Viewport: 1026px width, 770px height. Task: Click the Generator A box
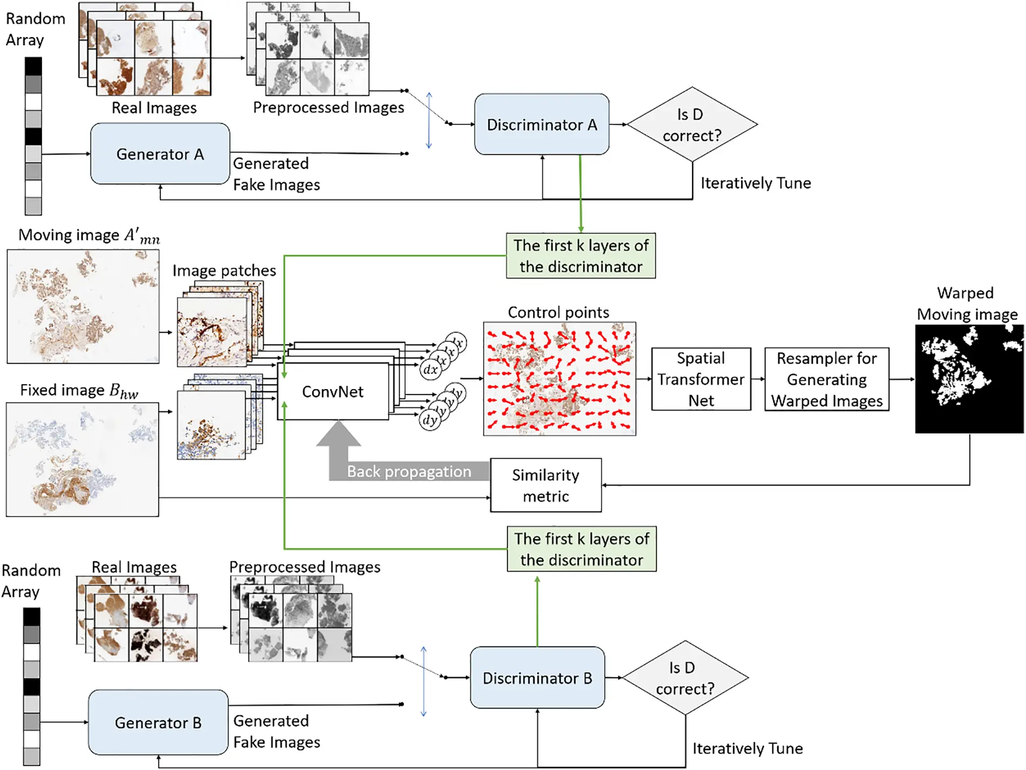click(x=160, y=154)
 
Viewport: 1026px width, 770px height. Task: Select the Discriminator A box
click(x=541, y=124)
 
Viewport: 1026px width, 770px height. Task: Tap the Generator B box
click(x=158, y=722)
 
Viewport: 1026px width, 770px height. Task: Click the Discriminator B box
click(x=537, y=678)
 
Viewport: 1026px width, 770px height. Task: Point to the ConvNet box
click(x=332, y=392)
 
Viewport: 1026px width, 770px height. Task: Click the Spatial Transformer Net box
click(x=701, y=379)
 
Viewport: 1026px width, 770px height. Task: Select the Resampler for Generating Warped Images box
click(x=826, y=379)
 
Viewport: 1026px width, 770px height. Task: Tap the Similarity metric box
click(x=546, y=485)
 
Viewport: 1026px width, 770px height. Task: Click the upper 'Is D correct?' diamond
click(x=692, y=124)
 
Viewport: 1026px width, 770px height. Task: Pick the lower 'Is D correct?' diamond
click(x=685, y=678)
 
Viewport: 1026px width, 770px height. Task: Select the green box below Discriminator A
click(x=581, y=256)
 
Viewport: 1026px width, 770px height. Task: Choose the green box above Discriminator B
click(x=581, y=549)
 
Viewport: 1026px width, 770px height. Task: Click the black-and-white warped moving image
click(x=969, y=379)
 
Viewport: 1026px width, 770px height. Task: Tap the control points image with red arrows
click(x=559, y=379)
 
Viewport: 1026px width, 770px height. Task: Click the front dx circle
click(x=430, y=370)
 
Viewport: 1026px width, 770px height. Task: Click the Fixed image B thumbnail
click(x=82, y=460)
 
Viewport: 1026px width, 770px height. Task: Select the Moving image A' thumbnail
click(x=83, y=306)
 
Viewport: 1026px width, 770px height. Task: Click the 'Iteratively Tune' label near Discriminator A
click(x=755, y=183)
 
